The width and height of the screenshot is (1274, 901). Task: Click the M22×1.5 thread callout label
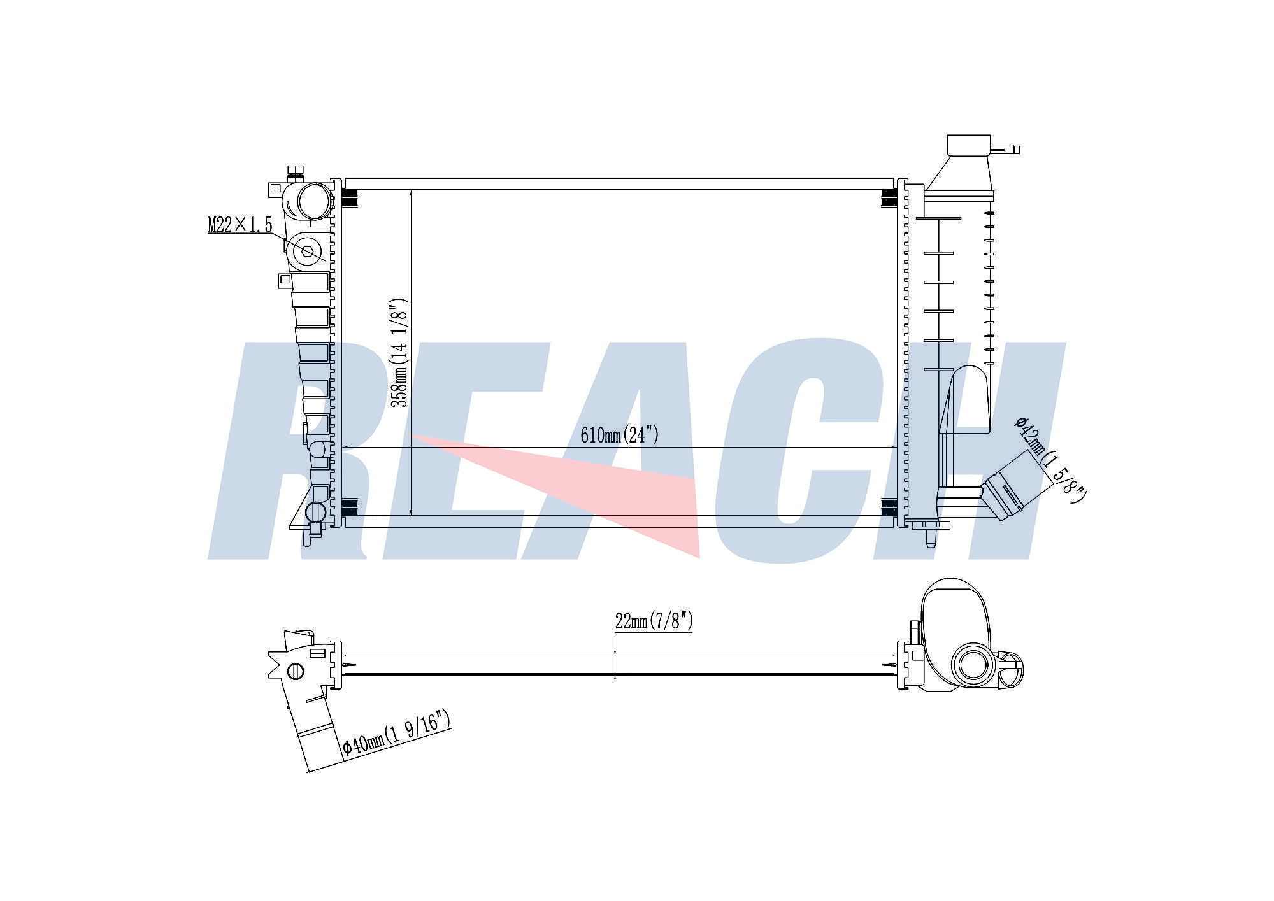coord(240,225)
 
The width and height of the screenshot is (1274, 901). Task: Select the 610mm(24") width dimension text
coord(619,436)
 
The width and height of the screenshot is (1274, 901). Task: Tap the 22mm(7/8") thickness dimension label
coord(654,621)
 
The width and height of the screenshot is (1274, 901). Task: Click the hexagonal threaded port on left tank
coord(308,252)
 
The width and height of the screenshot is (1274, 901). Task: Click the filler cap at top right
coord(968,145)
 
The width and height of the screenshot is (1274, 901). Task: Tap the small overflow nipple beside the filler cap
coord(1005,150)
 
